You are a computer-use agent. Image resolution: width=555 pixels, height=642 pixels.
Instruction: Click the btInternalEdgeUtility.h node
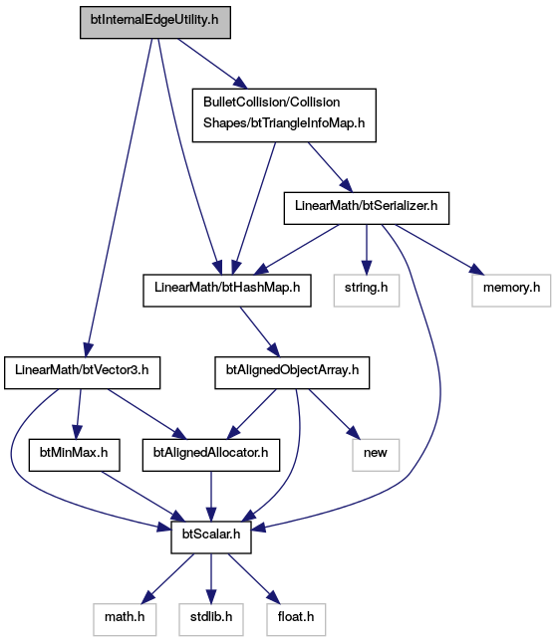click(x=154, y=23)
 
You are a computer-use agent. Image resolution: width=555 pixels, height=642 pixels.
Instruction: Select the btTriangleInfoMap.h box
click(x=284, y=115)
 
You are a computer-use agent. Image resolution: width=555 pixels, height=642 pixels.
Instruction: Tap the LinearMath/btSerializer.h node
click(x=367, y=208)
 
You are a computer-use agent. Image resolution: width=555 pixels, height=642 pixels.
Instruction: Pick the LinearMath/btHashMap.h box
click(x=227, y=291)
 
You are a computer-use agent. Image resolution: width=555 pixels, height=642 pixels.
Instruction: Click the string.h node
click(x=367, y=291)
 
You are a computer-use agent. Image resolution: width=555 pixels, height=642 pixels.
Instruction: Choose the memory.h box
click(x=511, y=291)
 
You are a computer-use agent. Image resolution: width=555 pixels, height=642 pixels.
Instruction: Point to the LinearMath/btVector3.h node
click(x=82, y=372)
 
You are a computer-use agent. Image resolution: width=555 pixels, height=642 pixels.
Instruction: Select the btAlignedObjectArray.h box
click(x=292, y=372)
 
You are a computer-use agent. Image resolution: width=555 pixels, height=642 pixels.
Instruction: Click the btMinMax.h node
click(x=74, y=455)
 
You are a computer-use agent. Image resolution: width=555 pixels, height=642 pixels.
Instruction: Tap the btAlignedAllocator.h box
click(x=211, y=455)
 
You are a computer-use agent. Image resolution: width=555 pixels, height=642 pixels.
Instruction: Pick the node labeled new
click(x=376, y=455)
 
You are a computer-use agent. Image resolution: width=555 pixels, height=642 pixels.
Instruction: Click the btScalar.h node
click(x=211, y=537)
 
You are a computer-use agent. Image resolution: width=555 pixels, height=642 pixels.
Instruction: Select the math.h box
click(x=125, y=619)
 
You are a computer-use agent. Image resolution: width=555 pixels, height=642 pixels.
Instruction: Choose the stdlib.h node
click(x=211, y=619)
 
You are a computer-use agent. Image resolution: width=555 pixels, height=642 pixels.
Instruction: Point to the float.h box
click(x=296, y=619)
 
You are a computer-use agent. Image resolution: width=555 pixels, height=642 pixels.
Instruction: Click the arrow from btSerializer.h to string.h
click(x=367, y=250)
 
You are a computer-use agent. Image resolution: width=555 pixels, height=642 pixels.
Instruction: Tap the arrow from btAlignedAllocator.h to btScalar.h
click(x=211, y=497)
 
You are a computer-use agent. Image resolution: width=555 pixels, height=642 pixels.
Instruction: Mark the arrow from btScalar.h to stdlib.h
click(x=211, y=578)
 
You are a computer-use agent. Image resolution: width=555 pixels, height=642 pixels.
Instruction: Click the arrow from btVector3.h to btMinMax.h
click(x=79, y=414)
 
